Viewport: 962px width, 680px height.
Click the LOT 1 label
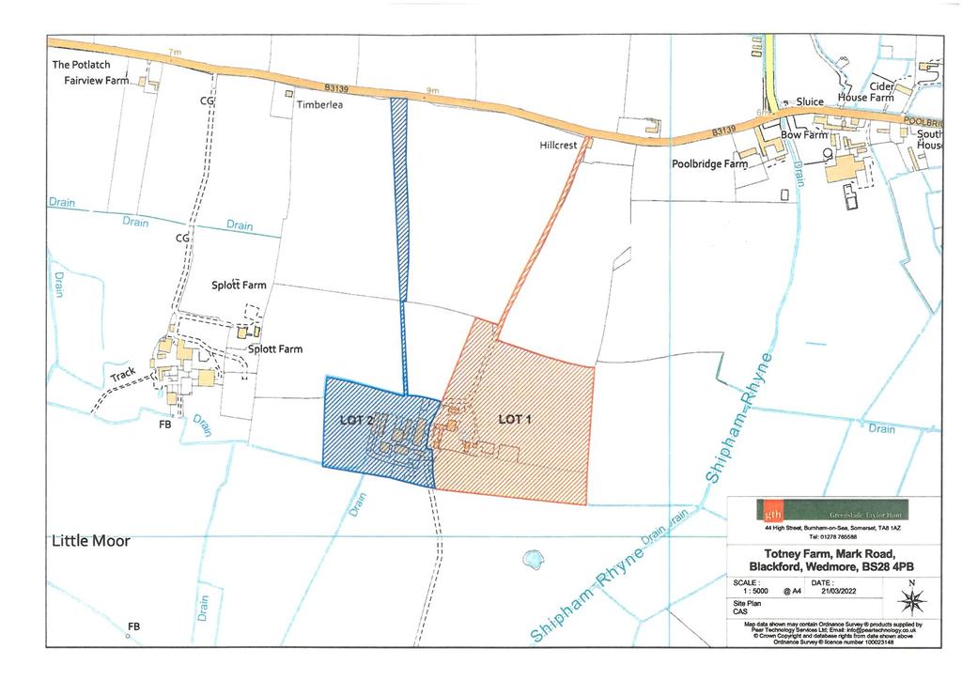click(x=514, y=419)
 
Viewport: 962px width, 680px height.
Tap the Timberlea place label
click(x=320, y=106)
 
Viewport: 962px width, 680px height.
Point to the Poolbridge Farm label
click(x=709, y=164)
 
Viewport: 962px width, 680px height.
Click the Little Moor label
click(x=91, y=541)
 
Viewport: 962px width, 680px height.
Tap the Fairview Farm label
click(x=90, y=82)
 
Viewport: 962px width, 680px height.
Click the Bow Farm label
click(x=804, y=135)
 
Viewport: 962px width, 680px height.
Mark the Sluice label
click(x=809, y=101)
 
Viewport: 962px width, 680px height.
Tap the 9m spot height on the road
click(x=432, y=91)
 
